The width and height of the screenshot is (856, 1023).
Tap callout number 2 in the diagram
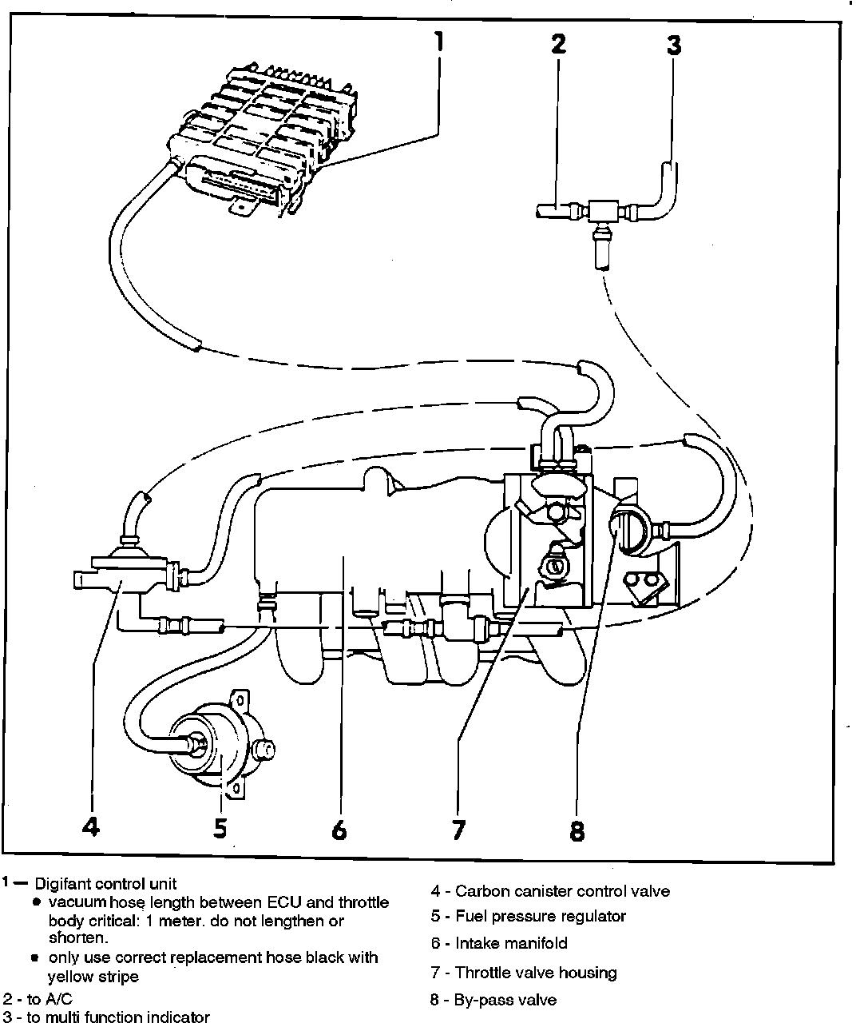point(558,44)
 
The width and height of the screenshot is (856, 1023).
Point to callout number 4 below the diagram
point(91,826)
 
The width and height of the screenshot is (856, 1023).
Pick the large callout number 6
point(339,830)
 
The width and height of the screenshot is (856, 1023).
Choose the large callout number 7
point(458,830)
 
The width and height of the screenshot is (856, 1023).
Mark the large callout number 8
point(577,831)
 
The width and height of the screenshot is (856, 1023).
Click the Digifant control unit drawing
point(256,136)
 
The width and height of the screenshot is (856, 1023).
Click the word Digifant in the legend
point(63,884)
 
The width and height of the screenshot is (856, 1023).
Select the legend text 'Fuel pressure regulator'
point(541,916)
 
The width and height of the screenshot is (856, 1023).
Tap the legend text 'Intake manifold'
point(511,943)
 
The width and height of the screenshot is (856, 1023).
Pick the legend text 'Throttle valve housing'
point(536,973)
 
